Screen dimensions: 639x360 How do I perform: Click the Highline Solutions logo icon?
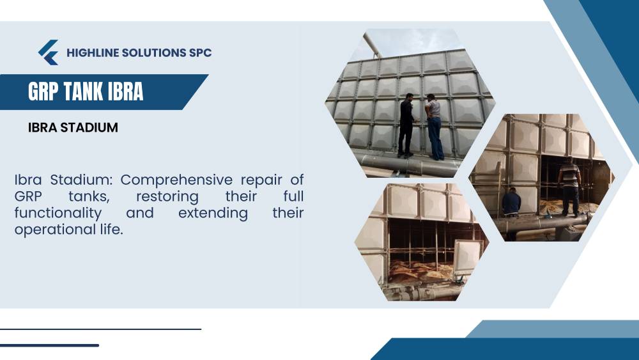49,52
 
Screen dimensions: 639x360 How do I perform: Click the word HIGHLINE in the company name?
93,52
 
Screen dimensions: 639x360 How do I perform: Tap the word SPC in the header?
200,52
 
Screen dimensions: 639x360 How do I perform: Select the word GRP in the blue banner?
43,91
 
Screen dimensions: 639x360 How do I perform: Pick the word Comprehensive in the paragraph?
176,180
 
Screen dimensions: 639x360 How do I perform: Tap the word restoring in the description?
167,196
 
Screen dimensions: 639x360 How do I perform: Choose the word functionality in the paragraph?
58,213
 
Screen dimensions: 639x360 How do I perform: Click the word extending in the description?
213,213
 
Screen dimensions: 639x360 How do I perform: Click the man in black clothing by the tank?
406,125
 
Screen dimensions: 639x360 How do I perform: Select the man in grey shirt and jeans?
435,127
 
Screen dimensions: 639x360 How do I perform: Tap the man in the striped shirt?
570,186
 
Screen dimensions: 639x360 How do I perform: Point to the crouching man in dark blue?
511,203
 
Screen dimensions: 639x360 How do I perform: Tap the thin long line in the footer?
101,329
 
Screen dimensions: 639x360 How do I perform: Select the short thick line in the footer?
49,345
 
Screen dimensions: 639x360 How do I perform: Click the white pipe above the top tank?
372,45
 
